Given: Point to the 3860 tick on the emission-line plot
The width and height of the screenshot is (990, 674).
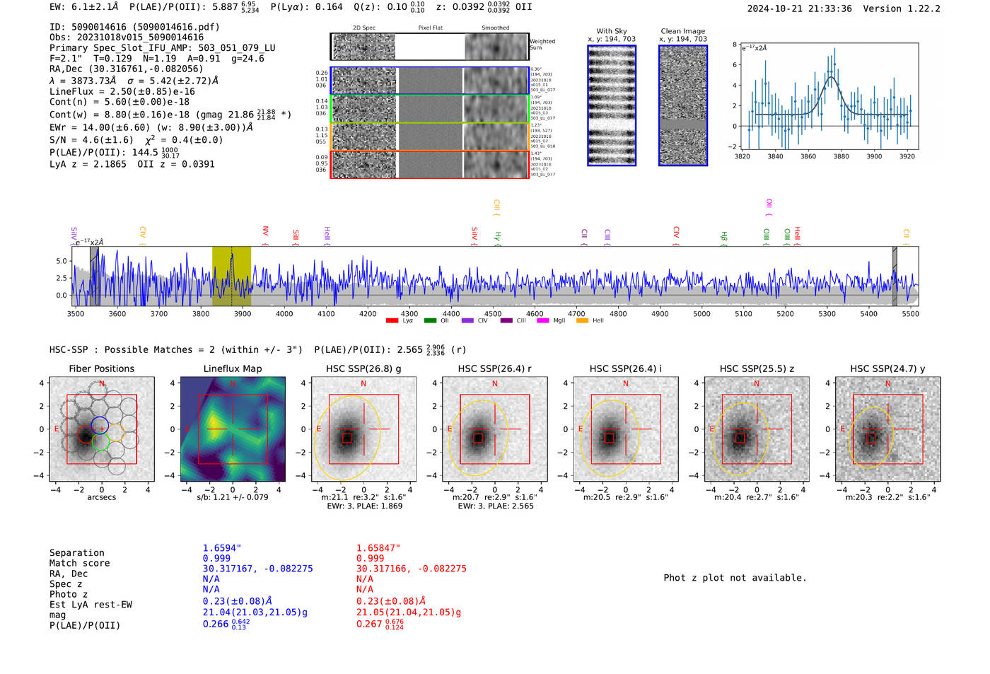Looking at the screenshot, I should click(808, 156).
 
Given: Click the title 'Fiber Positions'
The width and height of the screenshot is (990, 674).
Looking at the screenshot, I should click(101, 368).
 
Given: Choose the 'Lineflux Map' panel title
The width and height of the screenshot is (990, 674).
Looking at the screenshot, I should click(233, 368).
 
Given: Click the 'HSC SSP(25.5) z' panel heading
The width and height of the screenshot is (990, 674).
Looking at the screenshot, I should click(756, 368).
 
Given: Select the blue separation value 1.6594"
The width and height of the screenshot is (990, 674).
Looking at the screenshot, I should click(221, 548).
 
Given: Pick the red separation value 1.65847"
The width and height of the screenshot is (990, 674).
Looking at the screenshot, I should click(378, 548).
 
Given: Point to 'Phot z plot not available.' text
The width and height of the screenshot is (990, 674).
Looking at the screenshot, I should click(735, 578).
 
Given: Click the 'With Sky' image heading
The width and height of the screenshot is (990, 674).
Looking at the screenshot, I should click(612, 31).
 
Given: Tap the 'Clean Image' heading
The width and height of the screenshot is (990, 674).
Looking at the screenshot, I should click(682, 31).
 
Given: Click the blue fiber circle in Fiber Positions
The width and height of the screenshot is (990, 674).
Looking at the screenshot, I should click(100, 426).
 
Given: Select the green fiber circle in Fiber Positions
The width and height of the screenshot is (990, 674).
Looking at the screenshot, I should click(100, 443).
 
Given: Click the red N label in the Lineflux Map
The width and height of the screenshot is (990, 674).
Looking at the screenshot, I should click(233, 384).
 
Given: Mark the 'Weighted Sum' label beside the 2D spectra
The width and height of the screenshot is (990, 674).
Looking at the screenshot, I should click(542, 45).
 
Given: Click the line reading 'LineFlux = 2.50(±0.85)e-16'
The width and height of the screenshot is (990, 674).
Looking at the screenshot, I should click(122, 91).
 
